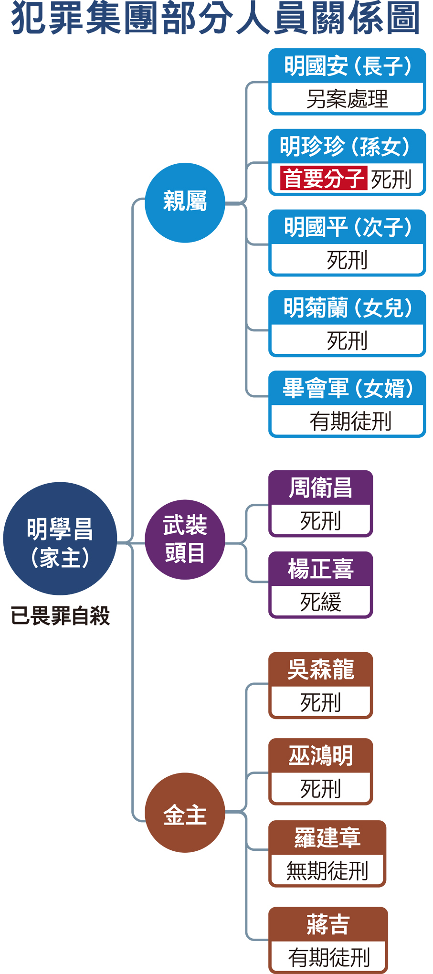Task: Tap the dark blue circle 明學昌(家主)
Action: (x=60, y=538)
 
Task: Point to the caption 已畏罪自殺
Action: (x=60, y=615)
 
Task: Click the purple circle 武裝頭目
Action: (x=185, y=539)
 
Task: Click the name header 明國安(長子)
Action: (x=347, y=66)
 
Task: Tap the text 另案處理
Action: (x=347, y=99)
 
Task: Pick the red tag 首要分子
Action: (x=324, y=179)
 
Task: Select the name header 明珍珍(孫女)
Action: (x=347, y=146)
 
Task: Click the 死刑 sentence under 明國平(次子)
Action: (x=347, y=260)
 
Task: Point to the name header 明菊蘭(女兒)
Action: (x=347, y=307)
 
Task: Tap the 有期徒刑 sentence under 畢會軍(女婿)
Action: (x=350, y=421)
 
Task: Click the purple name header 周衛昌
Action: (x=320, y=487)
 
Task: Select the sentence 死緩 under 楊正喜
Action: (x=320, y=602)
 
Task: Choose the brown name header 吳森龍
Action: (x=320, y=669)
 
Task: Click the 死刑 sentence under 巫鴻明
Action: (x=320, y=789)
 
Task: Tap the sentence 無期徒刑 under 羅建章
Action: (x=327, y=870)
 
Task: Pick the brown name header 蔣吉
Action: (x=328, y=924)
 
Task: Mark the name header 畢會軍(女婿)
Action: (x=347, y=388)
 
